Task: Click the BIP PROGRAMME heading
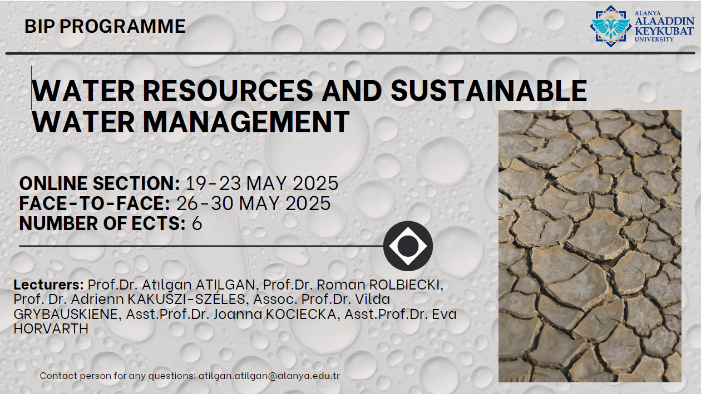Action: coord(105,26)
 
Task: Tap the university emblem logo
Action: coord(610,26)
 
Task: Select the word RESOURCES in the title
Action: coord(228,91)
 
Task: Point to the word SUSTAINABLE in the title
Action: coord(489,91)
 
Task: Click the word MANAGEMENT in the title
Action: coord(246,122)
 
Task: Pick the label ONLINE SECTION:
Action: coord(100,183)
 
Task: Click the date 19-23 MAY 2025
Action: coord(262,183)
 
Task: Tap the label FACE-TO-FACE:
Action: coord(95,203)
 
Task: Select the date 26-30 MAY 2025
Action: coord(254,203)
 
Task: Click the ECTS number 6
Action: coord(197,223)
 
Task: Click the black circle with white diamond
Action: coord(408,246)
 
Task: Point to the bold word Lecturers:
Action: coord(48,285)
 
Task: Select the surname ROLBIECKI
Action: coord(406,285)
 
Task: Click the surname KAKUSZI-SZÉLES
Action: coord(186,300)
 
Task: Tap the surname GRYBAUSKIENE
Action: coord(66,315)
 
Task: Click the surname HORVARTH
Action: coord(51,328)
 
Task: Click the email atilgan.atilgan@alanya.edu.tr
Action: coord(269,376)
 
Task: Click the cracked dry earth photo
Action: coord(590,246)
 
